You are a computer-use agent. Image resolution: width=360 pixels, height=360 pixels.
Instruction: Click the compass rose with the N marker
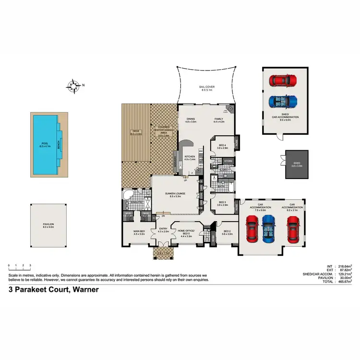coord(74,86)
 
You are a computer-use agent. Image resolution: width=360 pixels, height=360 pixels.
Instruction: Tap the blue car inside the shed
coord(283,101)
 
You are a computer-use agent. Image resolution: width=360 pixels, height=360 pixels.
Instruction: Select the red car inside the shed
coord(283,80)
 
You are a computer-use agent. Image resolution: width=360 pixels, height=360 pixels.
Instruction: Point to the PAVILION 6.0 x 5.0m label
coord(48,226)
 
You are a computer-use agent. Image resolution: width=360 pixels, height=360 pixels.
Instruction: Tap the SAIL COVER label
coord(207,88)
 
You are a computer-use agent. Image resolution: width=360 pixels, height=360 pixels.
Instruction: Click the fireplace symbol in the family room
coord(230,109)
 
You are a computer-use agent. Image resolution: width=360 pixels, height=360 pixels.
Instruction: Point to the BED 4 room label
coord(222,146)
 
